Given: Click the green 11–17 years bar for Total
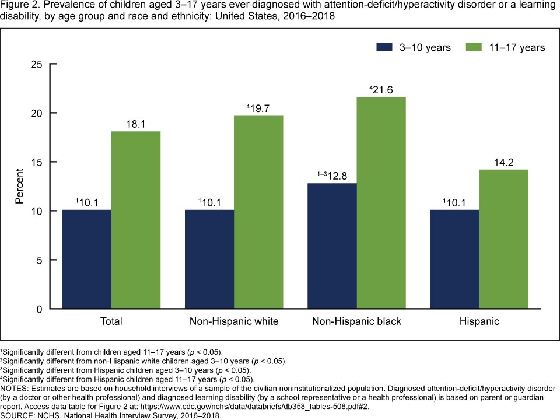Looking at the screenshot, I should point(136,220).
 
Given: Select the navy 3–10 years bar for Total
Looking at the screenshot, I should point(87,259).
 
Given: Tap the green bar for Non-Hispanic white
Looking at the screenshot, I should point(258,212).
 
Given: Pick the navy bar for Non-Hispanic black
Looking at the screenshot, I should point(332,246).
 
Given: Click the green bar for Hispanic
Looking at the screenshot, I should point(503,239).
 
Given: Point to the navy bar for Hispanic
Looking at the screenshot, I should point(454,259).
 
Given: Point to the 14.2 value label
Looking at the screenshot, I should point(503,162).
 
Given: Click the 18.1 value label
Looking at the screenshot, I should point(136,124).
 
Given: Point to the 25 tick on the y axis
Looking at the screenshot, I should point(37,64).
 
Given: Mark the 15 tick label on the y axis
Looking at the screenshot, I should point(37,162).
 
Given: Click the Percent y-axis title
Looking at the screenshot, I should point(19,186).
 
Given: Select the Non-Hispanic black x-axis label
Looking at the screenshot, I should point(356,321).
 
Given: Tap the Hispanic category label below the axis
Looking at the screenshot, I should point(479,321).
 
